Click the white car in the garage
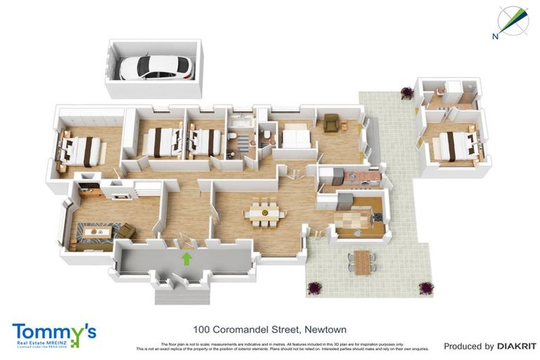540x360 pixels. tap(155, 67)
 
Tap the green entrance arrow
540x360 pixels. tap(187, 258)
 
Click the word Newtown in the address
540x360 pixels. tap(325, 329)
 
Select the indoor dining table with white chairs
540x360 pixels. tap(263, 213)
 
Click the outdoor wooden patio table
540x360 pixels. tap(361, 262)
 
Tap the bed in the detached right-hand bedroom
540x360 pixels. tap(454, 147)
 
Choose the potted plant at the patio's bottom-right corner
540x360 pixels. tap(425, 288)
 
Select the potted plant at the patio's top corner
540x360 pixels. tap(406, 91)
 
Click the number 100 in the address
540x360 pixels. tap(202, 329)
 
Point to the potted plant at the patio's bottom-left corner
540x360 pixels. tap(314, 288)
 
